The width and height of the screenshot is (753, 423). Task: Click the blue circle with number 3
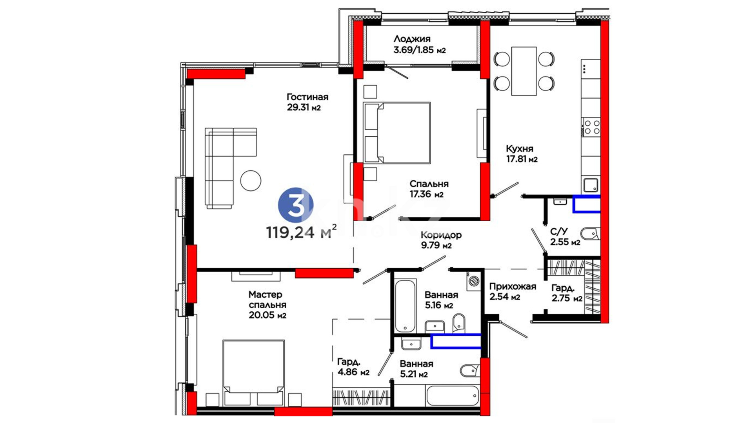[296, 205]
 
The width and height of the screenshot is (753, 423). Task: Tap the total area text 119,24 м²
[301, 232]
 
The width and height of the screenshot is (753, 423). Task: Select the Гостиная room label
[307, 97]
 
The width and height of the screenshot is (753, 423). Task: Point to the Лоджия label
[412, 39]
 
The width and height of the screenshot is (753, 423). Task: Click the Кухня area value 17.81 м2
[522, 159]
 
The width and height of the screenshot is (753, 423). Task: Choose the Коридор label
[441, 235]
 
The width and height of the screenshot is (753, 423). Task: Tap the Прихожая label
[513, 286]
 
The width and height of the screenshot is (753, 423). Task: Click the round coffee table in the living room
[251, 181]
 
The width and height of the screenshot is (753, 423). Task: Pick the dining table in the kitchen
[524, 71]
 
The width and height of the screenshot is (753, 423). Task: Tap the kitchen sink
[591, 185]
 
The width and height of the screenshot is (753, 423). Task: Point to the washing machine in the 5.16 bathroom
[474, 281]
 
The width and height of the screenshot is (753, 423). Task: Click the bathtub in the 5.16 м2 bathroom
[405, 306]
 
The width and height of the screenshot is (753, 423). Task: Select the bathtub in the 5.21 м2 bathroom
[453, 396]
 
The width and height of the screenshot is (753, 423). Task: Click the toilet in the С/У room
[590, 234]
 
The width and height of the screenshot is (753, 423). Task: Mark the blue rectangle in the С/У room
[587, 204]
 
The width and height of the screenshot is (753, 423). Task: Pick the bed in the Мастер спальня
[254, 373]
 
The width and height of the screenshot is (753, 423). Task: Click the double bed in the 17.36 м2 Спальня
[397, 133]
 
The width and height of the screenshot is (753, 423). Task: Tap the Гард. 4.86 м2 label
[353, 367]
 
